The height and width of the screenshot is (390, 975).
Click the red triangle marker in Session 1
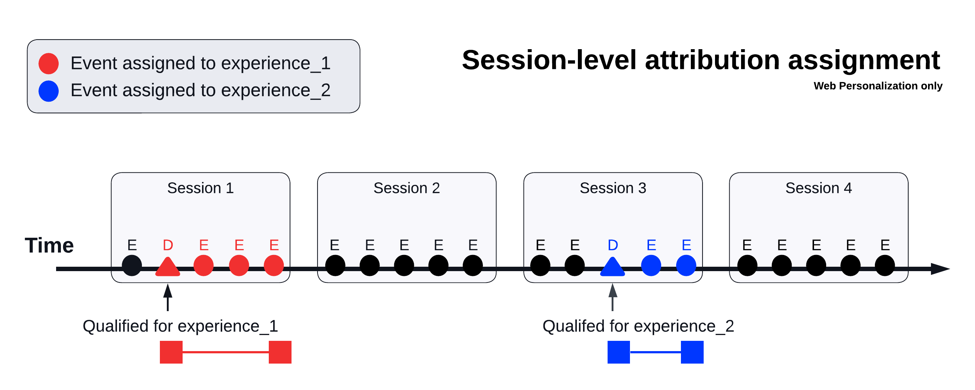pyautogui.click(x=168, y=267)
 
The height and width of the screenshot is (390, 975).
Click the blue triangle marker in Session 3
pyautogui.click(x=612, y=267)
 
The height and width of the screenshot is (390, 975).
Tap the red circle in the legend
pyautogui.click(x=49, y=63)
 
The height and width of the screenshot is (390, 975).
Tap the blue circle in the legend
pyautogui.click(x=49, y=91)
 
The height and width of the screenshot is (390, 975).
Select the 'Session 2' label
pyautogui.click(x=407, y=188)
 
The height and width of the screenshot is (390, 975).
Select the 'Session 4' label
pyautogui.click(x=818, y=188)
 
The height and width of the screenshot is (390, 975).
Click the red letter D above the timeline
pyautogui.click(x=168, y=245)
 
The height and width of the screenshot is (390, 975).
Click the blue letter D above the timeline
pyautogui.click(x=613, y=245)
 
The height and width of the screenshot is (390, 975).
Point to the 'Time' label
pyautogui.click(x=49, y=245)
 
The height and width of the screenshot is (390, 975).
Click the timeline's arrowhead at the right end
pyautogui.click(x=941, y=269)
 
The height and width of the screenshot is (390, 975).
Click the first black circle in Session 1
pyautogui.click(x=132, y=265)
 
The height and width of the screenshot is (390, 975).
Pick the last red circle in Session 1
pyautogui.click(x=274, y=265)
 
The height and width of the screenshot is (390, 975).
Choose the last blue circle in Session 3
pyautogui.click(x=686, y=265)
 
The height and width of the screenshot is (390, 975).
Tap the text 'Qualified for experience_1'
pyautogui.click(x=180, y=327)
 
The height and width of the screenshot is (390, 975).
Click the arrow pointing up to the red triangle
pyautogui.click(x=168, y=298)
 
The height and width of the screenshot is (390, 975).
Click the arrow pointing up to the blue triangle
pyautogui.click(x=612, y=298)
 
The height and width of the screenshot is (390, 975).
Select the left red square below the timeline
pyautogui.click(x=171, y=352)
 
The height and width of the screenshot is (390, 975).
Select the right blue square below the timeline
pyautogui.click(x=692, y=352)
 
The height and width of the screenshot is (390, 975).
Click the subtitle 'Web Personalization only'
pyautogui.click(x=878, y=86)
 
